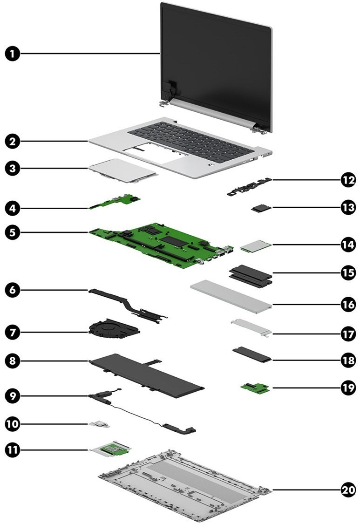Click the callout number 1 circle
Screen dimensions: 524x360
(13, 54)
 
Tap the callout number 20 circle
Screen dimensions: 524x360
(347, 490)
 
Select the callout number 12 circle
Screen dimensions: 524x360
(347, 180)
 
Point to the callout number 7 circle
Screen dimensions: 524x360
(13, 332)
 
